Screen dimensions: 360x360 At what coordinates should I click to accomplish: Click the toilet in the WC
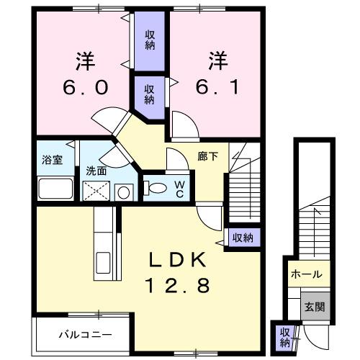(x=155, y=188)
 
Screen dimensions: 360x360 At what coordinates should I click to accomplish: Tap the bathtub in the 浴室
(x=55, y=189)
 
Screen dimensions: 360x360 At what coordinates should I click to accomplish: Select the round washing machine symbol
(x=124, y=192)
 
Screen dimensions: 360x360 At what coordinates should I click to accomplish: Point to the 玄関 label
(x=315, y=307)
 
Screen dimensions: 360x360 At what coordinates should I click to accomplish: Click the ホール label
(x=307, y=274)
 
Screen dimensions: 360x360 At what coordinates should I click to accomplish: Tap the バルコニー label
(x=86, y=335)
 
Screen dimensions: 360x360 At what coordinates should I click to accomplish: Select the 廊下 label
(x=208, y=157)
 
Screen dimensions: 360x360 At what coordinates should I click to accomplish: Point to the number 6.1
(x=217, y=87)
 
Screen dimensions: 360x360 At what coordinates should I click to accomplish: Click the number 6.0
(x=85, y=87)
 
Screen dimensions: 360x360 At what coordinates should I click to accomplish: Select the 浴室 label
(x=52, y=160)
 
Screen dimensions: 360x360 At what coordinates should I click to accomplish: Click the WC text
(x=180, y=189)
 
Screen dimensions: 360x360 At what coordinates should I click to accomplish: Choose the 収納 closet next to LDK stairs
(x=243, y=238)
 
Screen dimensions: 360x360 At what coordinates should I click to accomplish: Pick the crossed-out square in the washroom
(x=96, y=191)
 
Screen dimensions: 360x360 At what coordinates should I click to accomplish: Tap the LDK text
(x=178, y=260)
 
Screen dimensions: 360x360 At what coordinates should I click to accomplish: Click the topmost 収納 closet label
(x=150, y=40)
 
